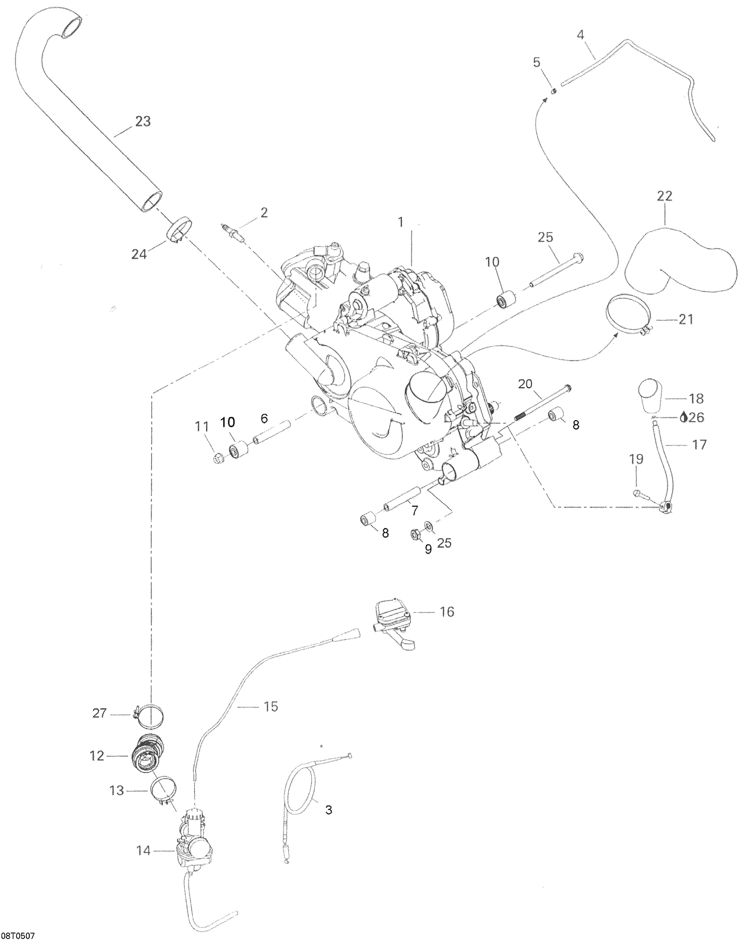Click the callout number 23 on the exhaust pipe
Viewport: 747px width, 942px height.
pyautogui.click(x=143, y=121)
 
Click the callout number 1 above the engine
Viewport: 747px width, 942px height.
pyautogui.click(x=400, y=223)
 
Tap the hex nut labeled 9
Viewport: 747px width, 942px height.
pyautogui.click(x=414, y=535)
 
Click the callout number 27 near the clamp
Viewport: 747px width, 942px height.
pyautogui.click(x=100, y=713)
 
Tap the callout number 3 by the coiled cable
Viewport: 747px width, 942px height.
pyautogui.click(x=328, y=810)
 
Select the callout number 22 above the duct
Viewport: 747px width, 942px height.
pyautogui.click(x=664, y=196)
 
